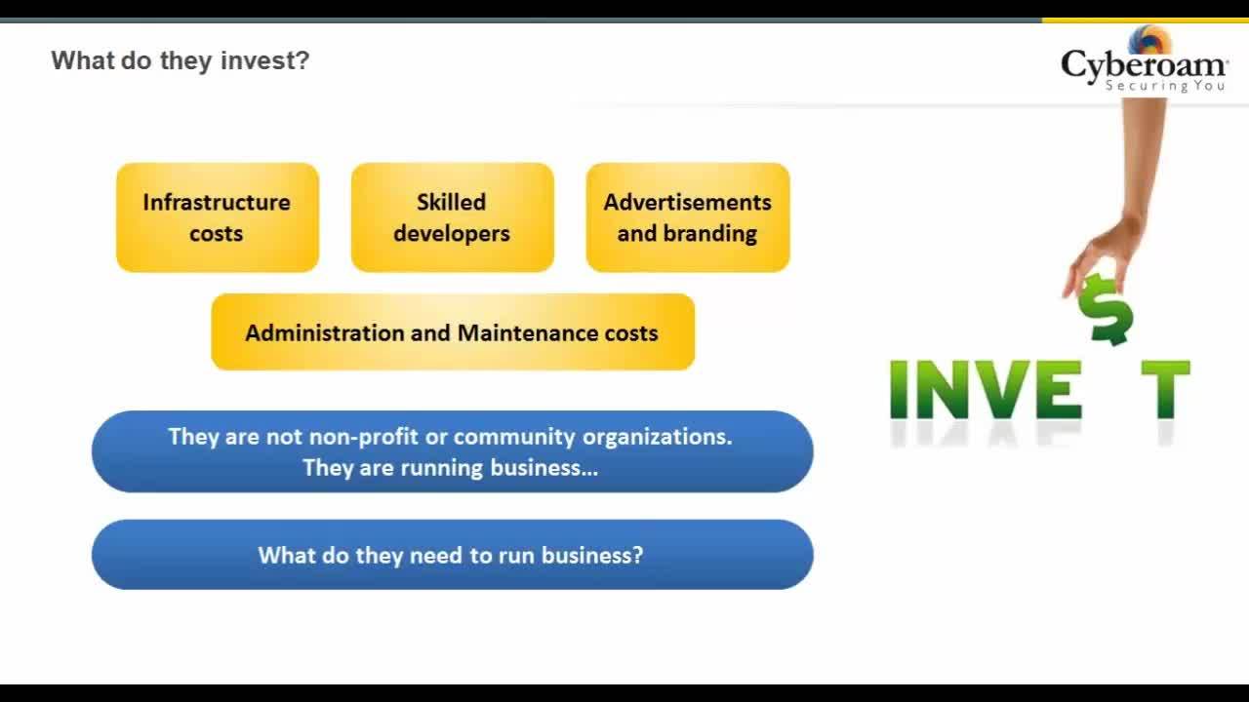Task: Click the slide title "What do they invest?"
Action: pyautogui.click(x=181, y=60)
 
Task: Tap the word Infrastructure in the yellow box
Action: pyautogui.click(x=217, y=202)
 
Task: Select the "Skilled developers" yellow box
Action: pyautogui.click(x=452, y=217)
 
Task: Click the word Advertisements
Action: pyautogui.click(x=688, y=202)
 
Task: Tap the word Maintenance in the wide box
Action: pyautogui.click(x=528, y=333)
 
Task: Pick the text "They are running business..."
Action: pyautogui.click(x=451, y=468)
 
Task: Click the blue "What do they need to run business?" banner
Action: pyautogui.click(x=452, y=555)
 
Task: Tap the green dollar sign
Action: pyautogui.click(x=1106, y=309)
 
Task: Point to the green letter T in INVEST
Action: pyautogui.click(x=1165, y=389)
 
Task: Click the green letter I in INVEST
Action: pyautogui.click(x=898, y=389)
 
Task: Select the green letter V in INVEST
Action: pyautogui.click(x=1001, y=389)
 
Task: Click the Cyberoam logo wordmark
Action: pyautogui.click(x=1144, y=65)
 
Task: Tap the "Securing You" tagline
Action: pyautogui.click(x=1165, y=86)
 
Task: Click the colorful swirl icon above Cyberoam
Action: pyautogui.click(x=1149, y=40)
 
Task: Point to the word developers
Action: pyautogui.click(x=452, y=234)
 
